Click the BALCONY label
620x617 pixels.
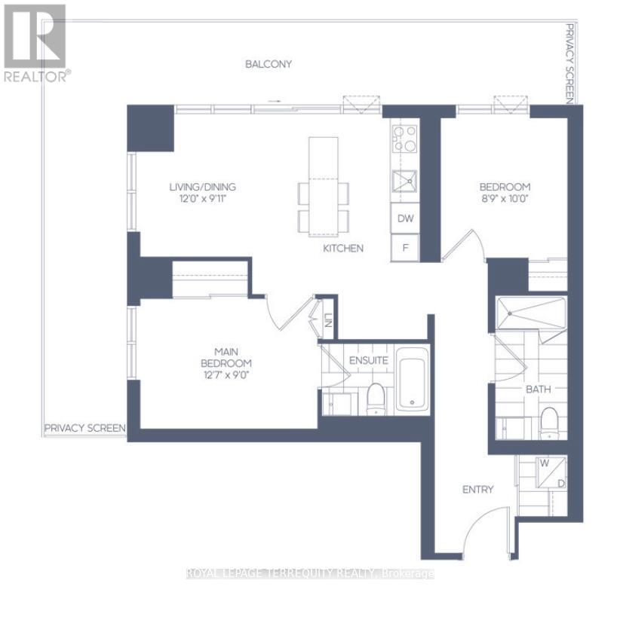tap(268, 64)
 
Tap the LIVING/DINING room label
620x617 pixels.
tap(201, 187)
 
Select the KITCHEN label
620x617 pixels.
tap(343, 248)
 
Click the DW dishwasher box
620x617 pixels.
tap(405, 219)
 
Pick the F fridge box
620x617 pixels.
tap(405, 247)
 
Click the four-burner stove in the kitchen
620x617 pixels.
tap(405, 138)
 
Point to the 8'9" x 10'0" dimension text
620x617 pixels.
tap(505, 200)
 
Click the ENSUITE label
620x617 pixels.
tap(368, 361)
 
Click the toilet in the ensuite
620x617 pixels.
tap(375, 400)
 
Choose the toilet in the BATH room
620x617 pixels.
tap(549, 422)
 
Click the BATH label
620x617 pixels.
tap(539, 389)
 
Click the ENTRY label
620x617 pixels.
tap(477, 490)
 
